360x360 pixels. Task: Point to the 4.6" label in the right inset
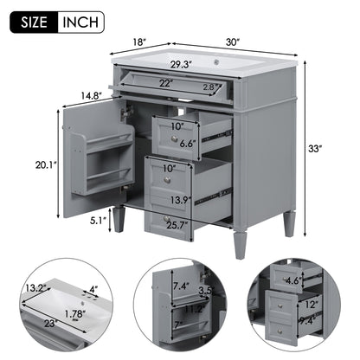(292, 281)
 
